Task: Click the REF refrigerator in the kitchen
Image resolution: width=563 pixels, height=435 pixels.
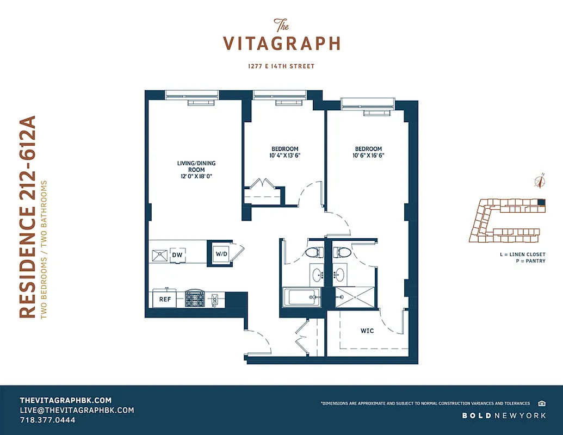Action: click(x=164, y=299)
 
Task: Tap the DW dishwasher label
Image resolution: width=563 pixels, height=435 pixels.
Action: click(x=177, y=254)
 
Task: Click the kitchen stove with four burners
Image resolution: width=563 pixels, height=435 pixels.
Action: click(x=194, y=299)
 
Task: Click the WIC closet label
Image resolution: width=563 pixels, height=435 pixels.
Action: click(x=367, y=331)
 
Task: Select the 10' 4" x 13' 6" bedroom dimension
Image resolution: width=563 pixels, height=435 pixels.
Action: click(x=284, y=156)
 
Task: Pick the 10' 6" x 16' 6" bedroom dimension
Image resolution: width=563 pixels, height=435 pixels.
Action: click(x=368, y=156)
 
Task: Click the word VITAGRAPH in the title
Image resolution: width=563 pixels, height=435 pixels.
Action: click(x=282, y=43)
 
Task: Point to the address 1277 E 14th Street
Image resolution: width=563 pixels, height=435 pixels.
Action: click(x=281, y=66)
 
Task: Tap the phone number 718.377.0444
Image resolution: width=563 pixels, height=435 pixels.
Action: click(x=47, y=420)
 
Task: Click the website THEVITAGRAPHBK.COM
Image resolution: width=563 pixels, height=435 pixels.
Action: click(x=65, y=400)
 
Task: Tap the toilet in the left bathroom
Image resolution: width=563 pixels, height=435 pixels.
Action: click(x=312, y=252)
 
